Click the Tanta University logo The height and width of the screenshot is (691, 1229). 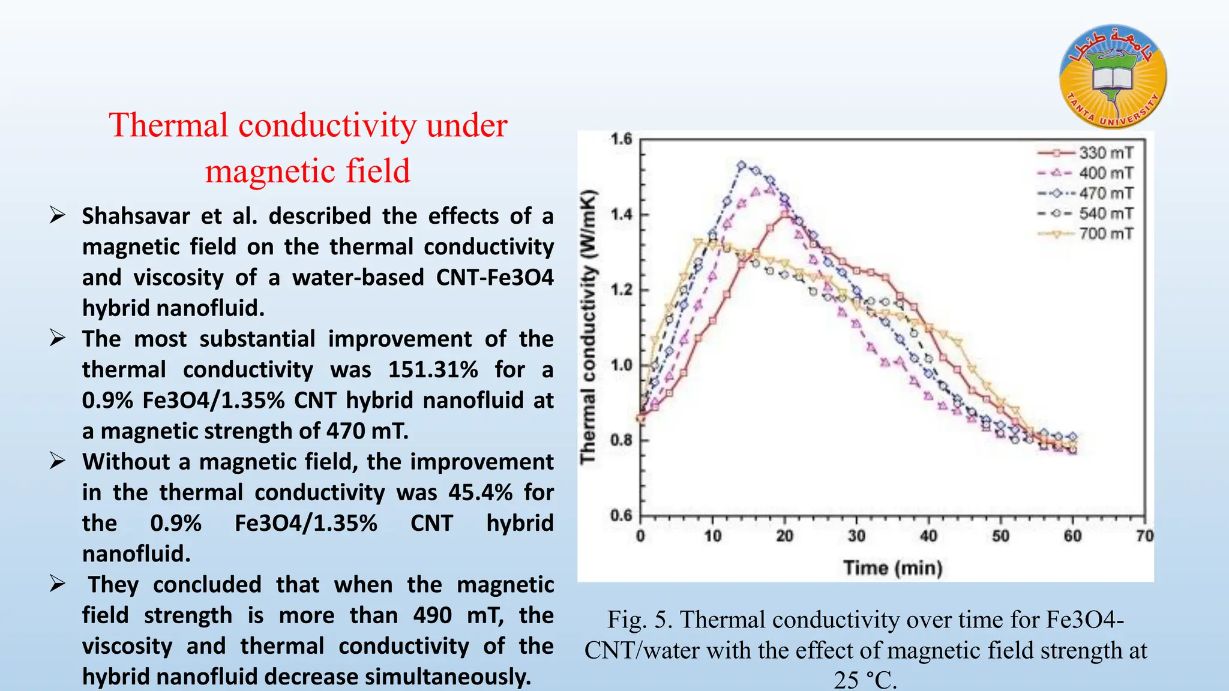point(1113,77)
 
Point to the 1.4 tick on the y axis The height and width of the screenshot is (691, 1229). point(622,215)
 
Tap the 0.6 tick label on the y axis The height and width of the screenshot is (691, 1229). point(622,515)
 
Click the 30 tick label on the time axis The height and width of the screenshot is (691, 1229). point(856,536)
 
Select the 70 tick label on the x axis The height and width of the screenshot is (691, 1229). point(1144,536)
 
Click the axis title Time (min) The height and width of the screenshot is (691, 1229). point(893,567)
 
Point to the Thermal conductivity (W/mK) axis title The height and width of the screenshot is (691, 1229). point(589,327)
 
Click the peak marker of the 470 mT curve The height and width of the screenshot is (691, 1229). point(742,165)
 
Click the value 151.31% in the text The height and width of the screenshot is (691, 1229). point(433,370)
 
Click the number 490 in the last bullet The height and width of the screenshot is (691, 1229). point(432,616)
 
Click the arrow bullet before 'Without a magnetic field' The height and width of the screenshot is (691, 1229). point(58,461)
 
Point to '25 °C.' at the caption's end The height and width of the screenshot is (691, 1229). point(865,680)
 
